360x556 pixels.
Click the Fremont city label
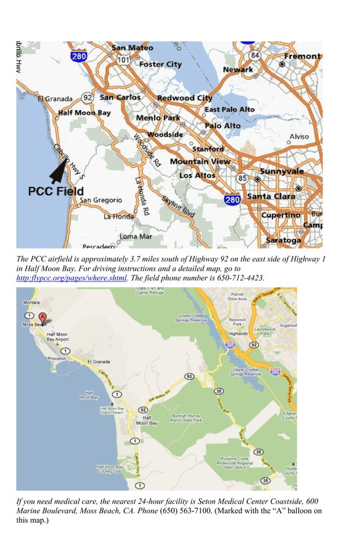302,56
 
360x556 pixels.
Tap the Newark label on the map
238,69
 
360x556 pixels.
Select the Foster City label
160,64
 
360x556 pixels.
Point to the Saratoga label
283,240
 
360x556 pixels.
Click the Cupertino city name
280,215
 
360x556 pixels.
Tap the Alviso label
299,136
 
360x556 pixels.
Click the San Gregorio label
100,200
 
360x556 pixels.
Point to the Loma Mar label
136,236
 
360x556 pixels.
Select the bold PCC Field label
56,191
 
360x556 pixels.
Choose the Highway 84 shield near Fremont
254,55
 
